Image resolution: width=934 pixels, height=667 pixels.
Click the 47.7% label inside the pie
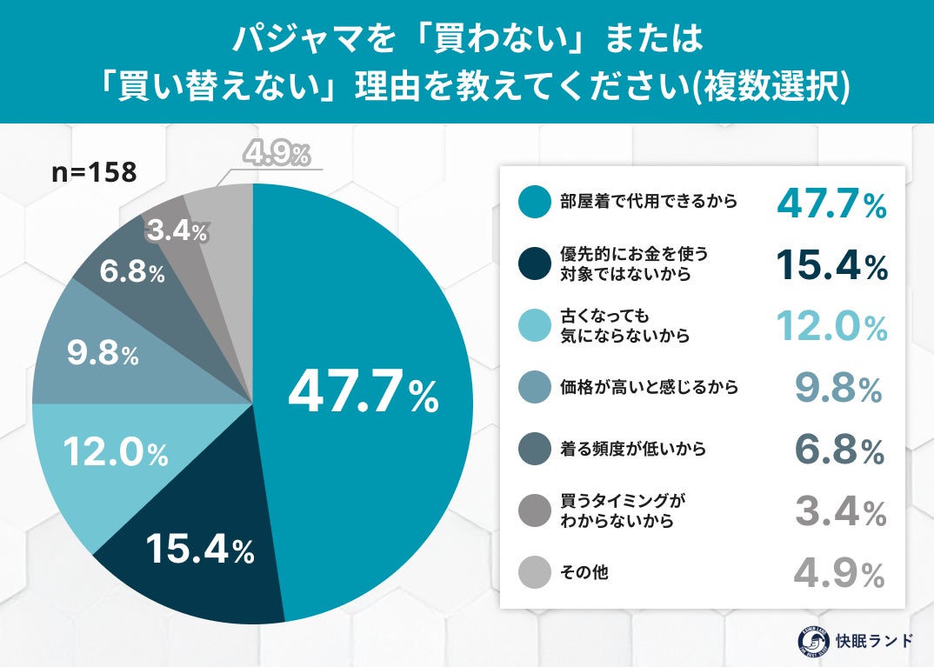click(363, 394)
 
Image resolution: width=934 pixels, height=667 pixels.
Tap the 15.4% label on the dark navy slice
click(199, 548)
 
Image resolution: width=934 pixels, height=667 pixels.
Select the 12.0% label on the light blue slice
click(117, 452)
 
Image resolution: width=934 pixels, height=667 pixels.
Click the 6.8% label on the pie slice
click(130, 272)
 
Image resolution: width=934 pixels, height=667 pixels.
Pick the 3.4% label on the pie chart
click(177, 231)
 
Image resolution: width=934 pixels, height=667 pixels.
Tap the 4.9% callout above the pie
click(276, 155)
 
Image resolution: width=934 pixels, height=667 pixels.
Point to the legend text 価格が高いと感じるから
click(648, 387)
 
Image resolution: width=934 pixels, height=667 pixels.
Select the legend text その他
click(583, 573)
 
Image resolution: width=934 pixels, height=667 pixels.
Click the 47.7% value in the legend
click(831, 203)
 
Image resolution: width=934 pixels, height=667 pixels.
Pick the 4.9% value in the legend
click(839, 574)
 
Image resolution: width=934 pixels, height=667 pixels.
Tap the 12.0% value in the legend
click(831, 327)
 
